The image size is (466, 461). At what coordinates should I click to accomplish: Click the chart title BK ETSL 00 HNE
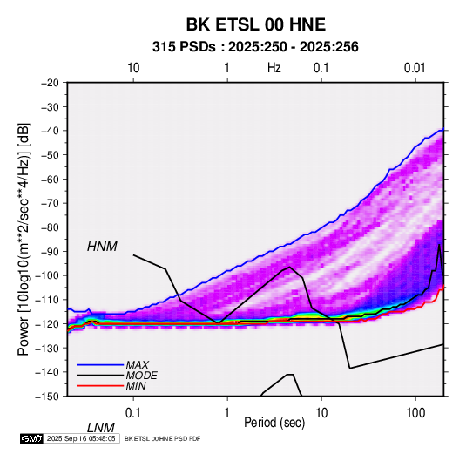[x=255, y=24]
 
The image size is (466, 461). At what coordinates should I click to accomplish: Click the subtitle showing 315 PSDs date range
[x=255, y=47]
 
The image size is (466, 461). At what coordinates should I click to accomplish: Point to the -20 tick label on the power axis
[x=50, y=83]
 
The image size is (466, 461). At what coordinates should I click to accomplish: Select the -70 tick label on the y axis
[x=50, y=203]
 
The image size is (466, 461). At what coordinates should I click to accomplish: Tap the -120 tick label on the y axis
[x=47, y=323]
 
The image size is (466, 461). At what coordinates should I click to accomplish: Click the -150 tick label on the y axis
[x=47, y=397]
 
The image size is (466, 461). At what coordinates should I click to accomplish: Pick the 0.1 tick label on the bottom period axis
[x=133, y=413]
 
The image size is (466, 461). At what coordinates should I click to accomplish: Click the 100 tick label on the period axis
[x=415, y=413]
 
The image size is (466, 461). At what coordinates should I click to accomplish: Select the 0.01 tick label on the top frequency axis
[x=415, y=68]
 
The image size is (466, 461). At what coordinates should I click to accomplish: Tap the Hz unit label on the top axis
[x=274, y=68]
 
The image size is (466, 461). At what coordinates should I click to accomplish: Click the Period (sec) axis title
[x=274, y=423]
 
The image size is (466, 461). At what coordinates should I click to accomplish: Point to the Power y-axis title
[x=24, y=240]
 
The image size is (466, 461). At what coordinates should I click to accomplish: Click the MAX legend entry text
[x=138, y=365]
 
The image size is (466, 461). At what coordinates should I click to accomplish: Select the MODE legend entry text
[x=141, y=376]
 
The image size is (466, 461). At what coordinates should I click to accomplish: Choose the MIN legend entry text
[x=136, y=386]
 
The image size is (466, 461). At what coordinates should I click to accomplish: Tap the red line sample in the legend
[x=100, y=386]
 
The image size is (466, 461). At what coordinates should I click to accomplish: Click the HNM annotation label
[x=102, y=247]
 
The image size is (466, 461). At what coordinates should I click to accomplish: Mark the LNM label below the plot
[x=101, y=428]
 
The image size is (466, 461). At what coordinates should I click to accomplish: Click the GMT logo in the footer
[x=32, y=438]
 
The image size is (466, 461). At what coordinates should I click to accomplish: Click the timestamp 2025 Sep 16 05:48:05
[x=81, y=438]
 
